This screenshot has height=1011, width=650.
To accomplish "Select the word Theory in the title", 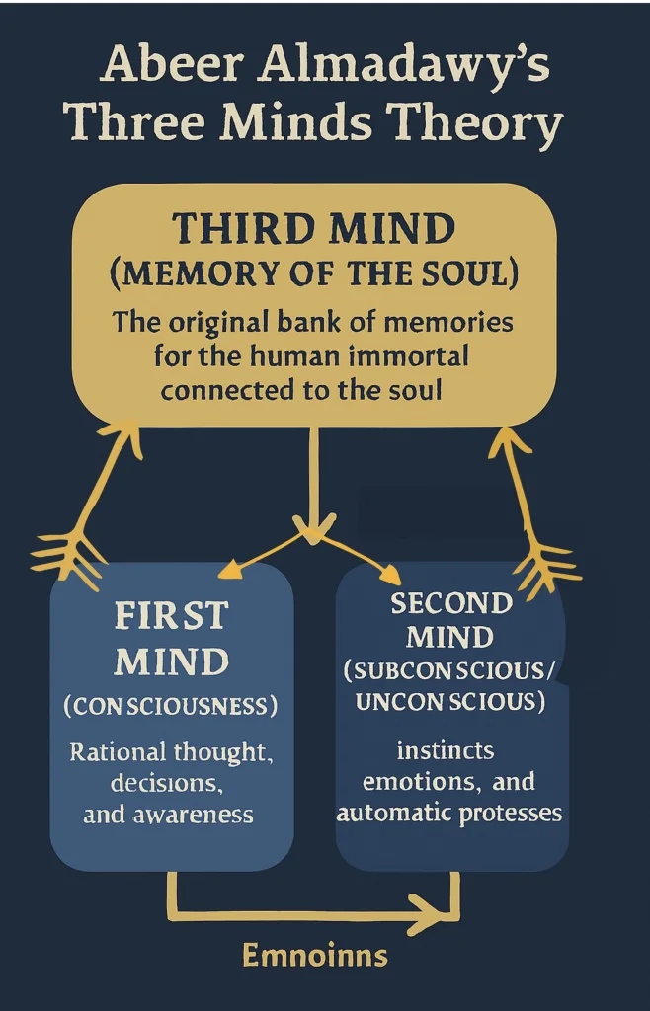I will (x=476, y=124).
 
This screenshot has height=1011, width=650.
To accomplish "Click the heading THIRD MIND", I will (x=313, y=229).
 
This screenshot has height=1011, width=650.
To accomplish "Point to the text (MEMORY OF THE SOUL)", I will (x=313, y=273).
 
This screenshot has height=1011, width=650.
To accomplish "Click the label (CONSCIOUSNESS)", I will (x=171, y=707).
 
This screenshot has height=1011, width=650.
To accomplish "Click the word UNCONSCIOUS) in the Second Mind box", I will (x=450, y=702).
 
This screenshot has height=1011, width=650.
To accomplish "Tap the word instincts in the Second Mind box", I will (x=445, y=750).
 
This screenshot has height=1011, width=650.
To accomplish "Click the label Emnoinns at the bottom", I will (x=314, y=956).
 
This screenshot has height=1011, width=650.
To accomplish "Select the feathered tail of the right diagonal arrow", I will (x=545, y=559).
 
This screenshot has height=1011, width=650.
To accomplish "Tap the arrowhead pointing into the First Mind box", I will (x=229, y=570).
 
